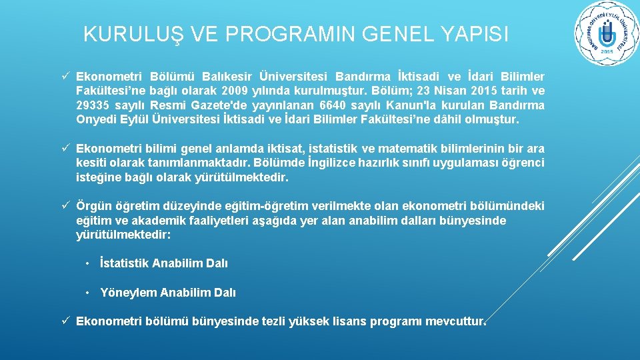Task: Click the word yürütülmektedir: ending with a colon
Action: [x=123, y=235]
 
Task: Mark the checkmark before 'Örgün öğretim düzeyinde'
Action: [x=67, y=206]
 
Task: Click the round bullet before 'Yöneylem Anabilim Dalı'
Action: [x=87, y=293]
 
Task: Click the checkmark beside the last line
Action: [x=67, y=321]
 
